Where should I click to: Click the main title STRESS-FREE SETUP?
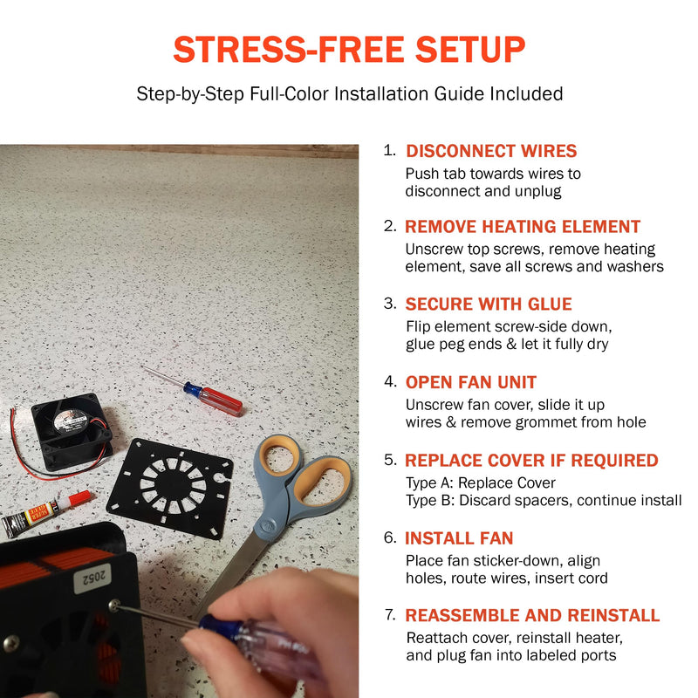349,49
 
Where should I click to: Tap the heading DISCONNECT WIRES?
491,151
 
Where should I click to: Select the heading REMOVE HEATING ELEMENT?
522,227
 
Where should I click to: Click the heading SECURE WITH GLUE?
489,304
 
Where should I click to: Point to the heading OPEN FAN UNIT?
470,382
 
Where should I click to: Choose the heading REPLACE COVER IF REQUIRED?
531,461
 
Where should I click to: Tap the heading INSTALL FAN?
459,538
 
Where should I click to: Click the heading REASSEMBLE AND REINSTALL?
532,615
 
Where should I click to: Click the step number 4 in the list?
390,381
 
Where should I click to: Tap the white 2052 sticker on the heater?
92,578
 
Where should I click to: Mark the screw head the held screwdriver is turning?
114,605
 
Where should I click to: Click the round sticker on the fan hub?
68,421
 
